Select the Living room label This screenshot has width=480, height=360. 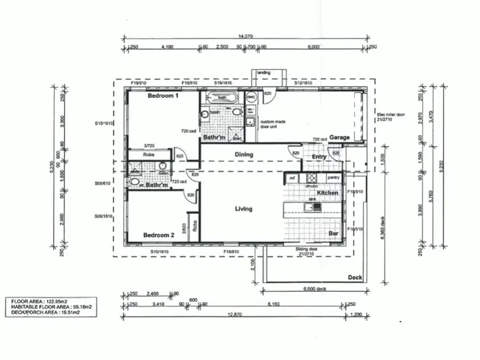[243, 209]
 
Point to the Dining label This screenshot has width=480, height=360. [244, 154]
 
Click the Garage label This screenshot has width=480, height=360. [339, 138]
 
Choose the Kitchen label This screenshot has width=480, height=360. [328, 193]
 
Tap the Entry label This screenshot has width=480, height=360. [319, 157]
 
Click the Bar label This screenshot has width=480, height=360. [333, 233]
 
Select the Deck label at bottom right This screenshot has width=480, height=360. [355, 277]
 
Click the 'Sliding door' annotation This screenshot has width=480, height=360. [308, 249]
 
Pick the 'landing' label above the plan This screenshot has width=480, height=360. [264, 73]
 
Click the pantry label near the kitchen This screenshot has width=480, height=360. [332, 177]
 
